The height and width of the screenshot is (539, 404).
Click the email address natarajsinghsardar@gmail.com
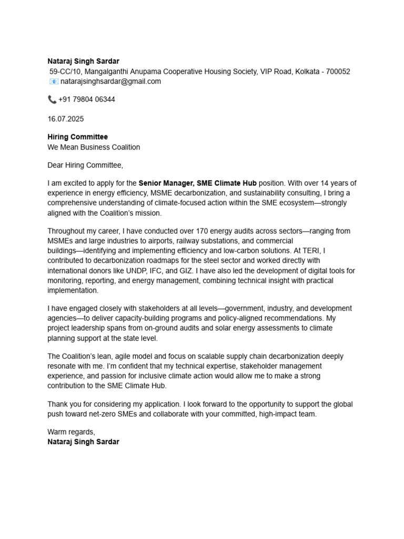tap(110, 82)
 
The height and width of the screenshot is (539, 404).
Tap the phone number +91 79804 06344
tap(87, 99)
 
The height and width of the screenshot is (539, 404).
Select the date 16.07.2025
tap(66, 119)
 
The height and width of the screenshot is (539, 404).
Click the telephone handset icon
tap(52, 99)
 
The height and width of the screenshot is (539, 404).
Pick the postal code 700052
tap(338, 72)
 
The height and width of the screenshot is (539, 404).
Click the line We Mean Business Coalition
tap(94, 147)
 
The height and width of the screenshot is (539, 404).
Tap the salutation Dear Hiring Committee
tap(85, 165)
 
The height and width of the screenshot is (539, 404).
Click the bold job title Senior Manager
tap(165, 183)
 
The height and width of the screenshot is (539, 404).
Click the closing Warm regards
tap(71, 432)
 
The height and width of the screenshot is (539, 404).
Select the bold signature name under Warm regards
tap(83, 442)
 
